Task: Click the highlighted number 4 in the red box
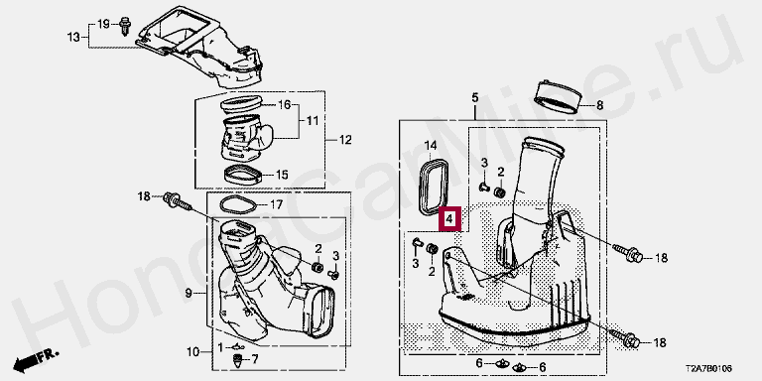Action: tap(450, 219)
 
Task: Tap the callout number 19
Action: tap(104, 24)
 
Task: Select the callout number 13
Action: tap(73, 37)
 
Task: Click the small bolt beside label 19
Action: tap(125, 26)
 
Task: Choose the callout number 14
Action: tap(431, 145)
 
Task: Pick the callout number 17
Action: tap(276, 205)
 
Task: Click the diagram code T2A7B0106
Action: tap(709, 370)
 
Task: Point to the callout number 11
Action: tap(313, 121)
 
